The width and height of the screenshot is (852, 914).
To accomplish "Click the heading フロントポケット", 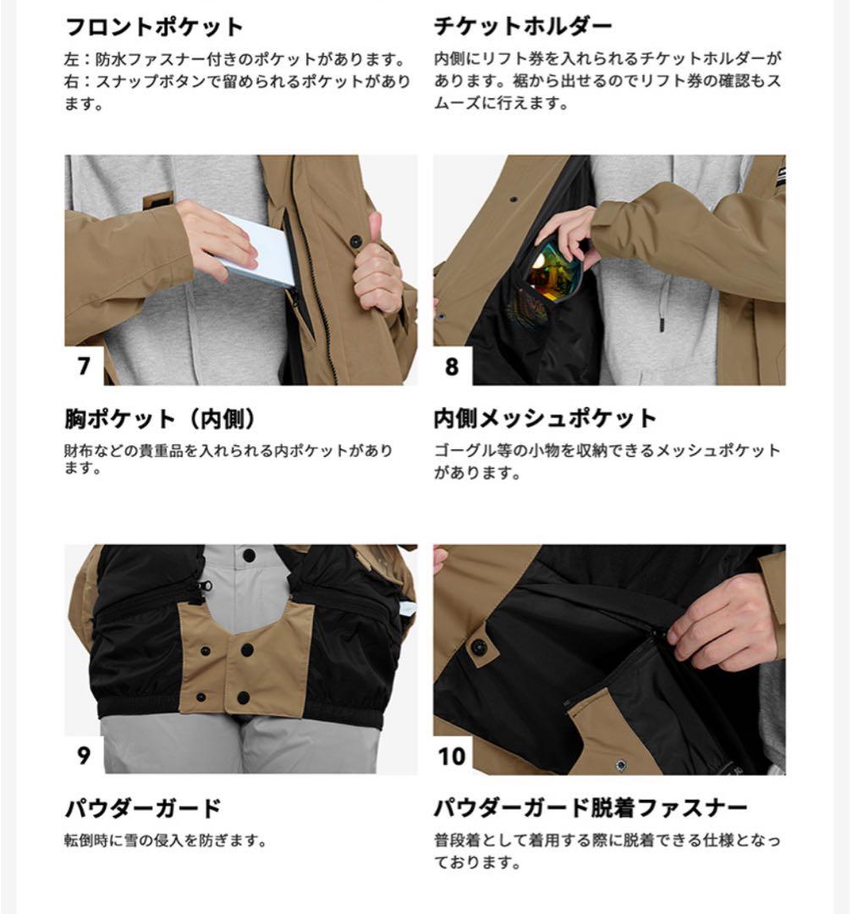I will point(154,27).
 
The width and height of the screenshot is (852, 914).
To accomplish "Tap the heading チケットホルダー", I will point(523,27).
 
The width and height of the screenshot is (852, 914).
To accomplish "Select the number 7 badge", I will point(84,366).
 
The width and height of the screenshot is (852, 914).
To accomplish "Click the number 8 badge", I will point(452,366).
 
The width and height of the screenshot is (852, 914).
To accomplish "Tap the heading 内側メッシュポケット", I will point(545,419).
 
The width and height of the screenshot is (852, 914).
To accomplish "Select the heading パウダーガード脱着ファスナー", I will point(591,807).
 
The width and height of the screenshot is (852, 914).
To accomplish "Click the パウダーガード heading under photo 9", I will point(142,807).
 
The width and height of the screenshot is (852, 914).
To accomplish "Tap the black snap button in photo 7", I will point(355,241).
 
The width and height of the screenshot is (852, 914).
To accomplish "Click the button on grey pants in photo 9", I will point(248,555).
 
